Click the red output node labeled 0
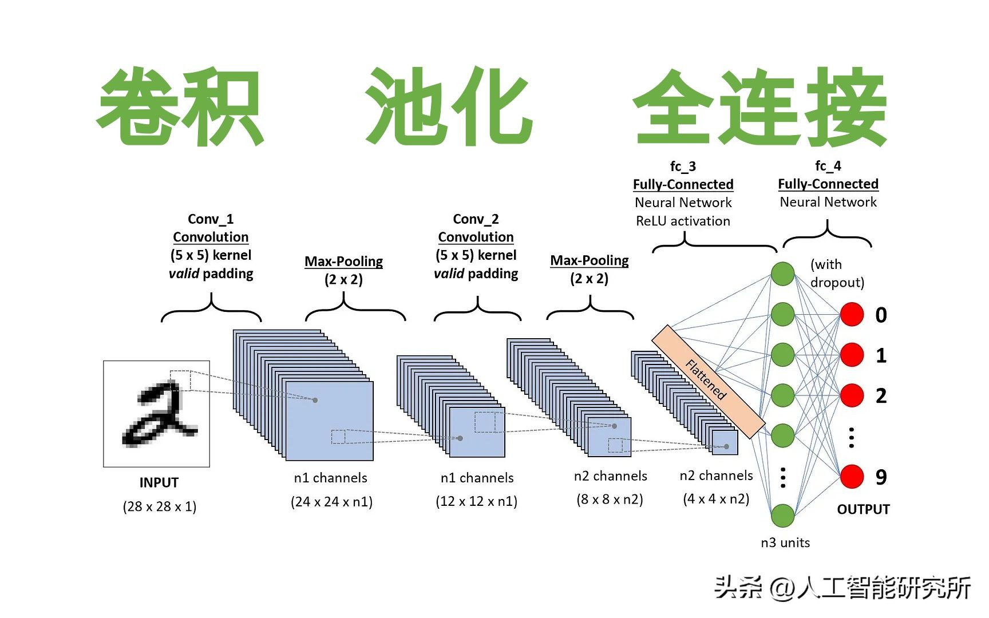coord(852,315)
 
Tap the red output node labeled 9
coord(852,477)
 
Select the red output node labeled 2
coord(852,395)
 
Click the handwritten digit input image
coord(156,414)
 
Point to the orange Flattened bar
coord(708,381)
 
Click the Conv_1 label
coord(211,219)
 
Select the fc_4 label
coord(828,166)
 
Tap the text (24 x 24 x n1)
coord(331,502)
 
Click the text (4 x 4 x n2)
coord(716,499)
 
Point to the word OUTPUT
coord(863,509)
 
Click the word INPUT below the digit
coord(159,482)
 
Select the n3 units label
coord(785,542)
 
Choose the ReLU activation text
coord(683,221)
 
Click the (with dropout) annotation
coord(836,273)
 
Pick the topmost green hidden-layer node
coord(782,274)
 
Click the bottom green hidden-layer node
coord(782,516)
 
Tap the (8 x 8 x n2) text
coord(610,500)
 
